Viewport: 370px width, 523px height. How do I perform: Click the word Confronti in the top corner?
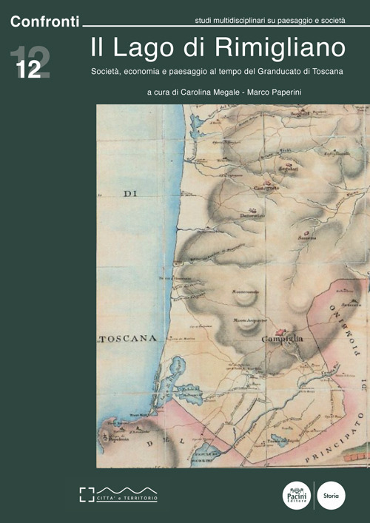click(x=44, y=22)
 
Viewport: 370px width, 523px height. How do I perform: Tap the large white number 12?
click(x=29, y=69)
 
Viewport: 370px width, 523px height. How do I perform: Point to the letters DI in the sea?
click(x=130, y=195)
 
